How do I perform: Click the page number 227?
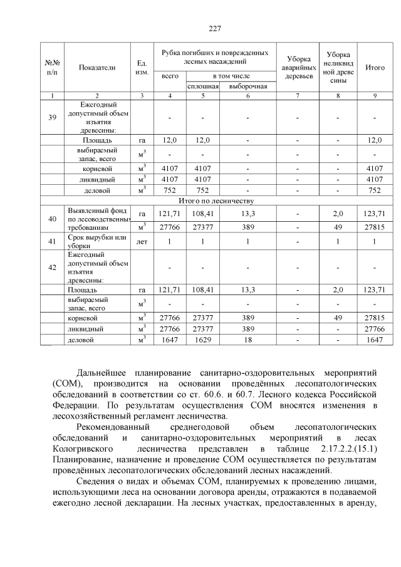click(x=215, y=28)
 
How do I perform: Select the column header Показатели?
click(x=97, y=68)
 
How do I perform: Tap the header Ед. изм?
click(x=142, y=68)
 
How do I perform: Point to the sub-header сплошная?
click(x=202, y=86)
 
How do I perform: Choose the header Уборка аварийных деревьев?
click(x=298, y=67)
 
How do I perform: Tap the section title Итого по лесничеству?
click(x=215, y=200)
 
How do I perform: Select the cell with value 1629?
click(x=202, y=340)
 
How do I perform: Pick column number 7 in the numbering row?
click(x=298, y=95)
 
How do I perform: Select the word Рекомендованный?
click(x=111, y=428)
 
